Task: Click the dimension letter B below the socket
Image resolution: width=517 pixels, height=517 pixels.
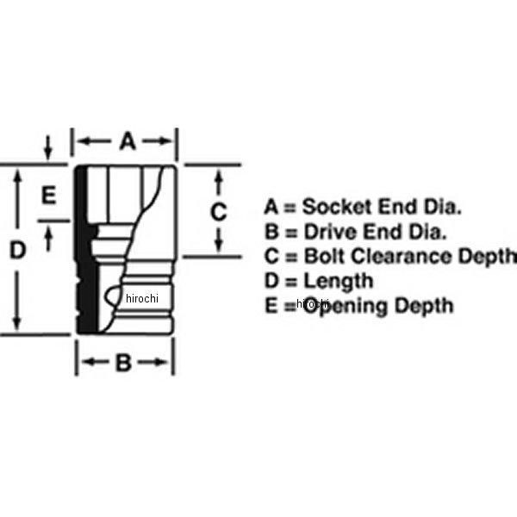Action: (122, 364)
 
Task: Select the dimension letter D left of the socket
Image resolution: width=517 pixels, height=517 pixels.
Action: (17, 251)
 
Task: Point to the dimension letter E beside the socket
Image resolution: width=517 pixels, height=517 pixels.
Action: (49, 196)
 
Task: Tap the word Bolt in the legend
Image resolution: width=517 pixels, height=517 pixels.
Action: (323, 256)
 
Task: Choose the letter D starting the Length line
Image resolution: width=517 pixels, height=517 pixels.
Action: (271, 281)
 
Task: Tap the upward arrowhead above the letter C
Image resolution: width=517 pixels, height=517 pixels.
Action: (220, 176)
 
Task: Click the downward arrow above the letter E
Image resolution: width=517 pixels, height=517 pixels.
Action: (49, 153)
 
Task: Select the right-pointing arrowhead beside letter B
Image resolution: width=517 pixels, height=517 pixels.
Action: (165, 364)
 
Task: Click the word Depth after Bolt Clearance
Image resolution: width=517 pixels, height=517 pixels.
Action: (490, 256)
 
